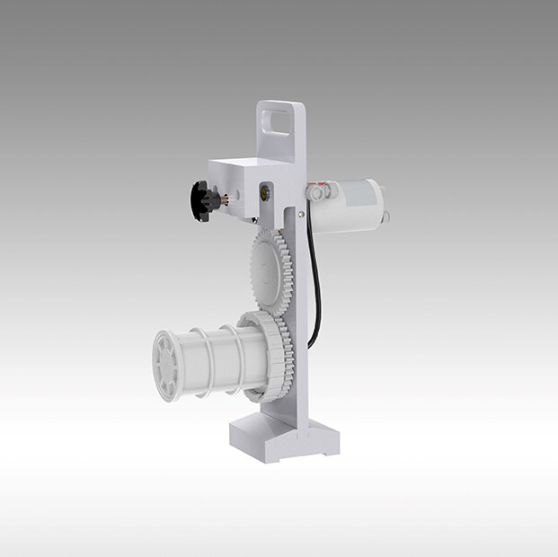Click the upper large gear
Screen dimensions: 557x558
(x=270, y=270)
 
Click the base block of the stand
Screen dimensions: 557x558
(x=283, y=440)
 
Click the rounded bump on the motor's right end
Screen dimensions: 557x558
(x=388, y=217)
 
